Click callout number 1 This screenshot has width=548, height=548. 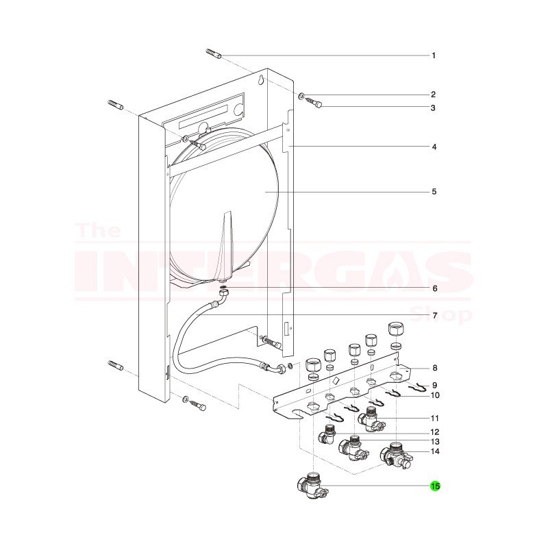coord(434,55)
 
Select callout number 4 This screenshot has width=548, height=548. coord(434,147)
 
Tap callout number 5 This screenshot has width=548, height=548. coord(434,192)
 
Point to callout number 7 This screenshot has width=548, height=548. coord(434,315)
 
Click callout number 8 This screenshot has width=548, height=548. coord(434,369)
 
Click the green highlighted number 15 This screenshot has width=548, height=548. coord(435,486)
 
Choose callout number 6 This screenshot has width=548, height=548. coord(434,288)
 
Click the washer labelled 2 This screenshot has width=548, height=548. coord(302,95)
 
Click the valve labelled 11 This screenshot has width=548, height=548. coord(371,417)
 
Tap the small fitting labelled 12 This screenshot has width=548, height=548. coord(328,434)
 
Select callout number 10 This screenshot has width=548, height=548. coord(434,395)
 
